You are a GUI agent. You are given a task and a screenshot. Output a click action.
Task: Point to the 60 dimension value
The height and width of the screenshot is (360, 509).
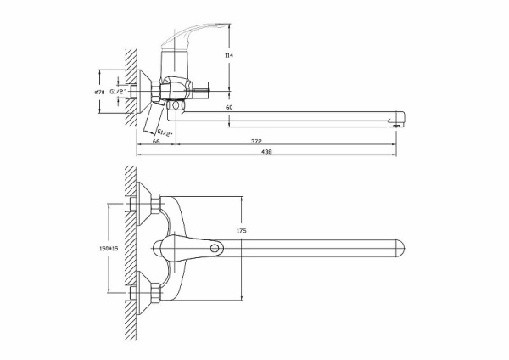tap(229, 108)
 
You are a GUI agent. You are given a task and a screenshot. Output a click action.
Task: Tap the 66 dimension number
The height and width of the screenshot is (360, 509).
tap(157, 142)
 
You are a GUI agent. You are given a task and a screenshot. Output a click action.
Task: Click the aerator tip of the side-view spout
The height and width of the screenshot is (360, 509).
tap(392, 124)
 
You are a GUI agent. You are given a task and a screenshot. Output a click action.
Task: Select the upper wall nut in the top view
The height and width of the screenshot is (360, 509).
tap(156, 202)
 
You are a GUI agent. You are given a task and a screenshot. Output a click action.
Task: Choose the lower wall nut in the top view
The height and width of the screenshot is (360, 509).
tap(156, 295)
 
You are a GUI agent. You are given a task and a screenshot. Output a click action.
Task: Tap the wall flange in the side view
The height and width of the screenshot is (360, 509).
tap(149, 90)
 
